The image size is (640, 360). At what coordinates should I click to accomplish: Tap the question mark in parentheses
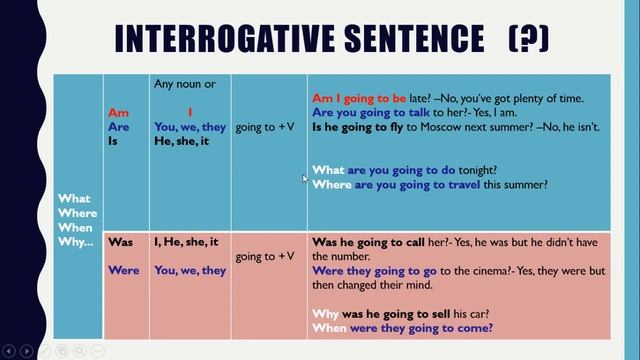tap(528, 39)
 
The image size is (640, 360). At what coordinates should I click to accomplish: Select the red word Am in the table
tap(118, 113)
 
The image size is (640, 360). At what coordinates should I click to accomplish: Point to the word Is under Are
tap(114, 141)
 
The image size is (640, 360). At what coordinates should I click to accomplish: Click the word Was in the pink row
tap(120, 242)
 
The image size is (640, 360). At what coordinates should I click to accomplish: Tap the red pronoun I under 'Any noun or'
tap(190, 113)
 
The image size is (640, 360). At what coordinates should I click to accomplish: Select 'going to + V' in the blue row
tap(265, 128)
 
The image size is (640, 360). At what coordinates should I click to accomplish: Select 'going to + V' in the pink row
tap(265, 257)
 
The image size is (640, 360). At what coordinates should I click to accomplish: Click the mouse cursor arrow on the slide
tap(306, 179)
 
